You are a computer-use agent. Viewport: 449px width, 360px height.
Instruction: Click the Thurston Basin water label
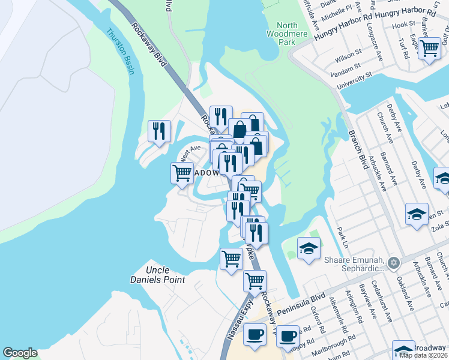pos(121,53)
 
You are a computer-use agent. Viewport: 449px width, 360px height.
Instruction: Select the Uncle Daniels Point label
pos(157,275)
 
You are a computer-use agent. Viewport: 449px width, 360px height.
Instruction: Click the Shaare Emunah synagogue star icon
pos(393,262)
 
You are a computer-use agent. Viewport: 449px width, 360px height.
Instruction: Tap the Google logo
pos(20,353)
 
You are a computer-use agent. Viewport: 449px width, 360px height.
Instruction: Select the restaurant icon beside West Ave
pos(159,131)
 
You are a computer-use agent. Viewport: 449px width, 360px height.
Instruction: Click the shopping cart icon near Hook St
pos(429,47)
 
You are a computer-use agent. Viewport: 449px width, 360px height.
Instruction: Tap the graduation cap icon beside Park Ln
pos(309,248)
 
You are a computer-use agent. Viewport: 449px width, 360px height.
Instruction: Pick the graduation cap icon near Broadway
pos(403,350)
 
